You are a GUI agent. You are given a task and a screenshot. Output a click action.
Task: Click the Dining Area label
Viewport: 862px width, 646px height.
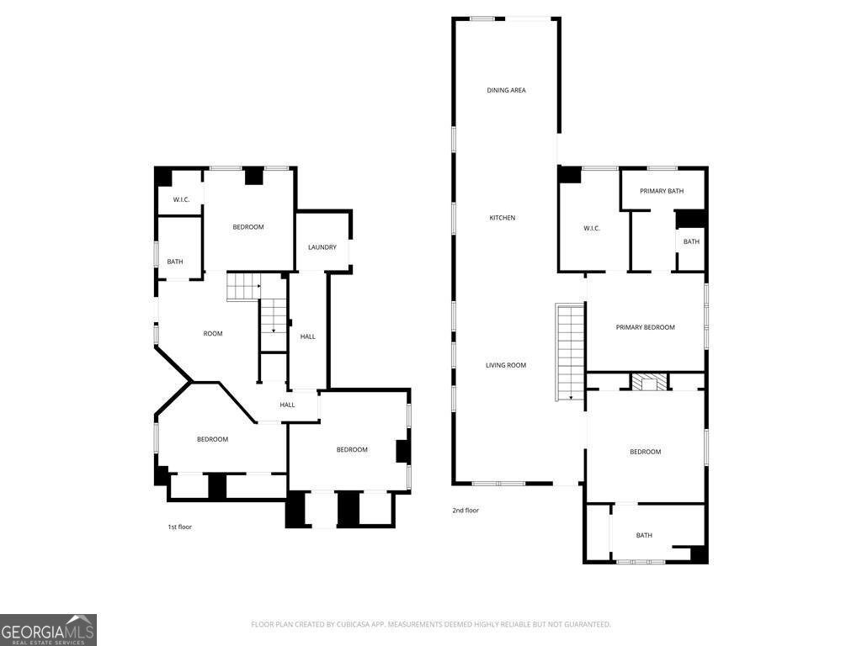coord(506,90)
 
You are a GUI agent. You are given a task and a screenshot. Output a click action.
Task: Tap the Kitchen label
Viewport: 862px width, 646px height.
coord(503,218)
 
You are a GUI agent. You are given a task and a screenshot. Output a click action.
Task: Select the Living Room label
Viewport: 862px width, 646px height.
coord(506,365)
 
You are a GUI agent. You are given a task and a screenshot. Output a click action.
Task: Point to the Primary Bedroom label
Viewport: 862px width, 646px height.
coord(645,327)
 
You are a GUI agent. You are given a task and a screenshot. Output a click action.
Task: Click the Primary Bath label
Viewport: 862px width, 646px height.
coord(662,191)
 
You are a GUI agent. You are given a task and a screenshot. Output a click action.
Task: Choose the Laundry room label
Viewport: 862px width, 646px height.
coord(322,247)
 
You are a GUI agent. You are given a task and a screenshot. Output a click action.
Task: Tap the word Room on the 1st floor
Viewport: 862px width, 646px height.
coord(213,333)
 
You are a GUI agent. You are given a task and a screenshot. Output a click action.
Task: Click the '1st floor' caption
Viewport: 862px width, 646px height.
coord(180,527)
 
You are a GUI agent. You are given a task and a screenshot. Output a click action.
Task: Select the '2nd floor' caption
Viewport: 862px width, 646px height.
coord(466,511)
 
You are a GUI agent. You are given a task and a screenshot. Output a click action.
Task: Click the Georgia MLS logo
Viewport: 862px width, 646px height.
coord(48,630)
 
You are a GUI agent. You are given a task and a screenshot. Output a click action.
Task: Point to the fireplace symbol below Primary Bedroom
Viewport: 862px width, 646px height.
coord(649,382)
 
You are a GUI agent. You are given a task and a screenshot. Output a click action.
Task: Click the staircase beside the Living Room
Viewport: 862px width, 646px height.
coord(570,352)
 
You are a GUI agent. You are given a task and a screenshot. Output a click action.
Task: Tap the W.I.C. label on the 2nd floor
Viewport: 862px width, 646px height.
coord(592,228)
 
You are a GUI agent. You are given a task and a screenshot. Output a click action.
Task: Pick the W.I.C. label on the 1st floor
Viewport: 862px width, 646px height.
coord(182,199)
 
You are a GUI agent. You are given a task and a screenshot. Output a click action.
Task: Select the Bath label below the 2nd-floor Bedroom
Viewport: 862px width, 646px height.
coord(644,535)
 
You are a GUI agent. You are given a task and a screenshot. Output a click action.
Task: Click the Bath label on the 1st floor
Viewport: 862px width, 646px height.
coord(175,262)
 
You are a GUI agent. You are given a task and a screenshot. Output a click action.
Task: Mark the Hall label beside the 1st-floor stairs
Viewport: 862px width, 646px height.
coord(308,336)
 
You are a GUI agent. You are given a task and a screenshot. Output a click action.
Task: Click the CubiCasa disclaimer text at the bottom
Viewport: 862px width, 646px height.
coord(431,624)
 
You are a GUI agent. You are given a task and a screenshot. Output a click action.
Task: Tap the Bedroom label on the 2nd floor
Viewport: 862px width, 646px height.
coord(646,452)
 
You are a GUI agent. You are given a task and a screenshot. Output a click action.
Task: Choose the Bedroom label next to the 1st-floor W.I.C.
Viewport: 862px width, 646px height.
coord(248,227)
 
